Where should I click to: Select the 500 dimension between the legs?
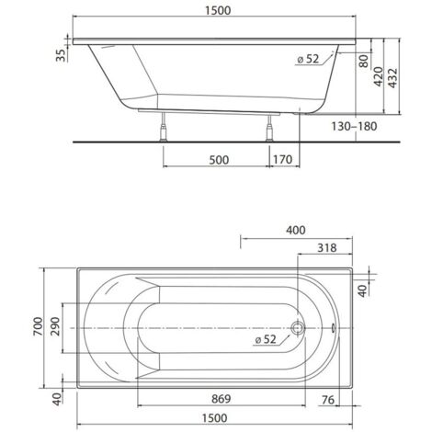[x=217, y=158]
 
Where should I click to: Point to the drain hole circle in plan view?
[x=296, y=325]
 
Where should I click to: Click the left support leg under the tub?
[x=163, y=125]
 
